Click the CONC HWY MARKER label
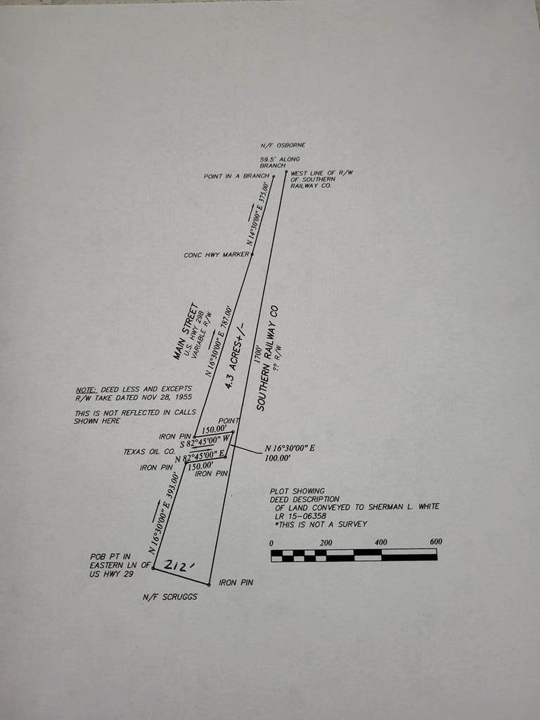216,255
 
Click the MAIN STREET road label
185,331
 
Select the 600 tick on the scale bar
435,542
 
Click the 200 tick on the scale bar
326,543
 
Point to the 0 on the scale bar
272,543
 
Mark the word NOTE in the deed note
84,389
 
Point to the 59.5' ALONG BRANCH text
279,163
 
